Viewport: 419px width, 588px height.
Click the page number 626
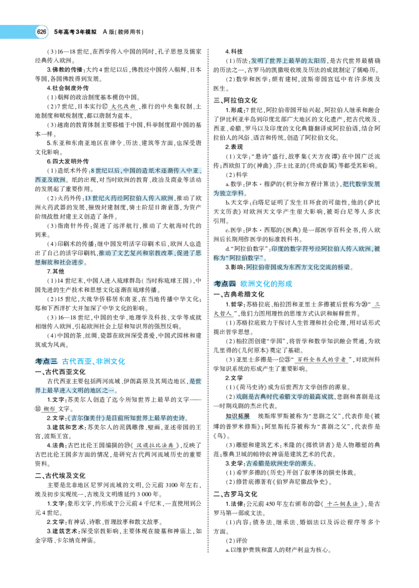pyautogui.click(x=41, y=32)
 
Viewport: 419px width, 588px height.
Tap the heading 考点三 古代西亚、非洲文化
pyautogui.click(x=80, y=361)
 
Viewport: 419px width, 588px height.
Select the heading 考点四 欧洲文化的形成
pyautogui.click(x=253, y=284)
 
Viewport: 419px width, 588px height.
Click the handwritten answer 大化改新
pyautogui.click(x=124, y=106)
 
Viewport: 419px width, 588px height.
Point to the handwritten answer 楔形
pyautogui.click(x=50, y=409)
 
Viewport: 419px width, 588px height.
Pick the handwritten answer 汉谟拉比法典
pyautogui.click(x=155, y=445)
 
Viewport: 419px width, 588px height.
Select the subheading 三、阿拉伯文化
pyautogui.click(x=236, y=101)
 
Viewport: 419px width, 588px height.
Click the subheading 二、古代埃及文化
pyautogui.click(x=60, y=475)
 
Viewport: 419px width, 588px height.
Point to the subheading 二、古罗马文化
pyautogui.click(x=236, y=494)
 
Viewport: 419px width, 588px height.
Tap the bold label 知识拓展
pyautogui.click(x=238, y=416)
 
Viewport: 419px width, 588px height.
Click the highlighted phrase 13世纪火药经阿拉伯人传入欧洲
pyautogui.click(x=129, y=198)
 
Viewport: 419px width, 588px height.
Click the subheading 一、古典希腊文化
pyautogui.click(x=239, y=294)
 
